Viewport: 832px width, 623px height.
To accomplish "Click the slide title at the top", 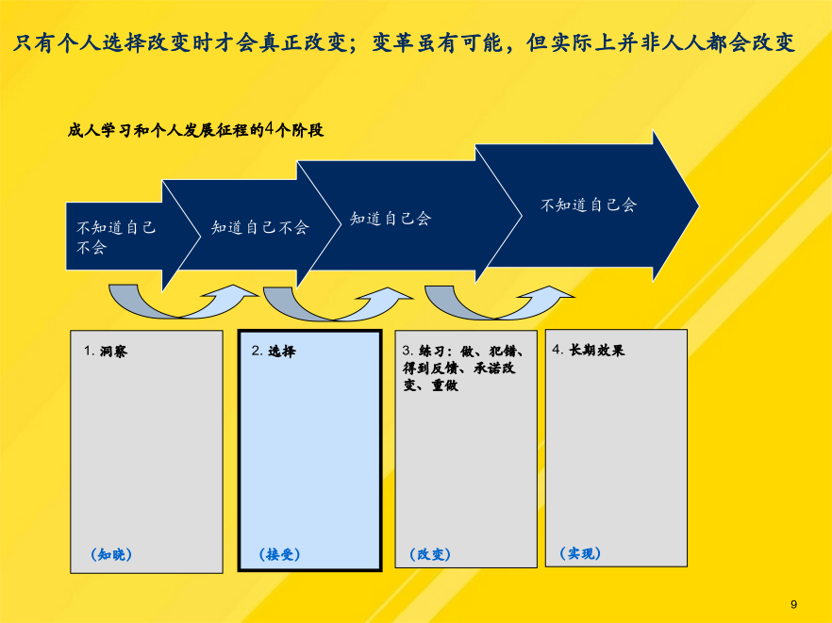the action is (x=404, y=42).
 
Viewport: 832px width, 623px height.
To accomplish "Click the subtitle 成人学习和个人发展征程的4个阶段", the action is (x=195, y=130).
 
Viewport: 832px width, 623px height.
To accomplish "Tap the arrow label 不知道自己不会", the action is (x=116, y=237).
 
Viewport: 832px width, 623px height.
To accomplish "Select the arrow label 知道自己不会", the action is (x=260, y=227).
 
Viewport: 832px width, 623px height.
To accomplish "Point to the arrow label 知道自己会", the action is (x=391, y=218).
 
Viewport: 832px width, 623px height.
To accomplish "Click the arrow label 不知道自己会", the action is (x=589, y=205).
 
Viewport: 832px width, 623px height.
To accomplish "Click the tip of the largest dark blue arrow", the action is (x=699, y=205).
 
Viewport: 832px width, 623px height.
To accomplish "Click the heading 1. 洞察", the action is (x=106, y=351).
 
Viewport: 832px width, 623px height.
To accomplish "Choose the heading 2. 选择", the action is (x=274, y=351).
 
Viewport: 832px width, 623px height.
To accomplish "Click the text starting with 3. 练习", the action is (x=463, y=368).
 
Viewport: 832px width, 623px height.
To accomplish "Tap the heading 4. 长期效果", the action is (x=589, y=350).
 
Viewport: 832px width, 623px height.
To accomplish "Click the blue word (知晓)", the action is (x=111, y=554).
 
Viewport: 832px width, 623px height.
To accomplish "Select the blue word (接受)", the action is (x=279, y=554).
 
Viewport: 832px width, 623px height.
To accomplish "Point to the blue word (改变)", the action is (x=430, y=554).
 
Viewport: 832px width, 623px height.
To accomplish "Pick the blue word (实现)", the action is (x=580, y=553).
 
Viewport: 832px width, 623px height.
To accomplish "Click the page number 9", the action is (x=794, y=604).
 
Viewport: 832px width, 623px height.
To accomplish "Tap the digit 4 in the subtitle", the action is (x=270, y=129).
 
